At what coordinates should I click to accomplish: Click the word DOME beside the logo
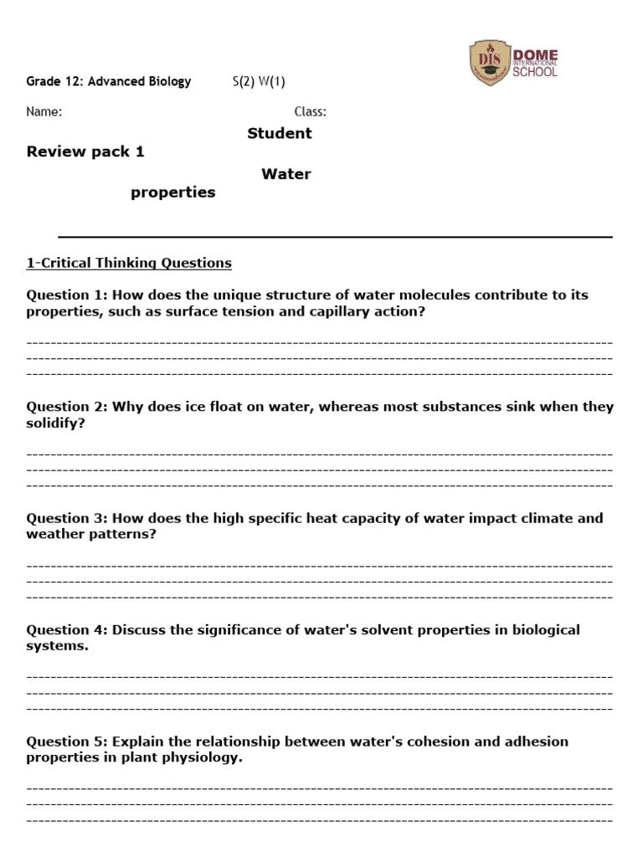point(535,55)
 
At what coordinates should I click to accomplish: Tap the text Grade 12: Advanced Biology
point(109,81)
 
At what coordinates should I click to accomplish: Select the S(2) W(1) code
point(259,81)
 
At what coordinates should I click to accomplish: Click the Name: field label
point(44,111)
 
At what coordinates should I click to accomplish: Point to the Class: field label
point(310,111)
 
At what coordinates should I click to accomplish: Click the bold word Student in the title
point(280,133)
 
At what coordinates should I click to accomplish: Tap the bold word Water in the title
point(285,174)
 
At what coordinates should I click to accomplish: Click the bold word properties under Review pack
point(172,192)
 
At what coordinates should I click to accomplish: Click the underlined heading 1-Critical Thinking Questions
point(129,263)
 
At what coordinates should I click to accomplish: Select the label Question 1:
point(67,295)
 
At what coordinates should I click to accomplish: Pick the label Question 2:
point(67,407)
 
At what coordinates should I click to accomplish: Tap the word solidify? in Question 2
point(56,423)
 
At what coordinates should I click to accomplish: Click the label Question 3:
point(67,518)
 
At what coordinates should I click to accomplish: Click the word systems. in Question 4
point(57,646)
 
